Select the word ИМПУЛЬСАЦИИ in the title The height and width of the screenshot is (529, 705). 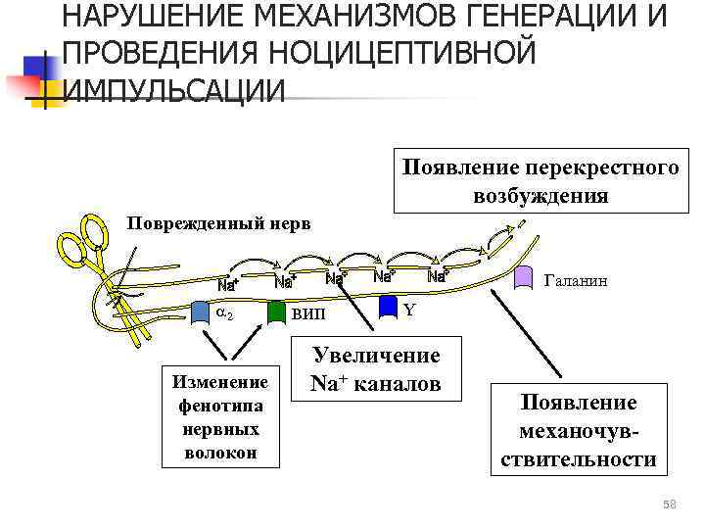click(x=174, y=90)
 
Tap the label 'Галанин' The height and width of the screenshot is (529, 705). click(x=575, y=281)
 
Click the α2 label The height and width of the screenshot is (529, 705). click(x=224, y=313)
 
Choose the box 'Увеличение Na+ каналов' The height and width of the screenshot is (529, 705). click(x=375, y=369)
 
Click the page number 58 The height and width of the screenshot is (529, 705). click(x=670, y=505)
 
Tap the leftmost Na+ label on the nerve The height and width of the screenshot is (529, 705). click(x=227, y=286)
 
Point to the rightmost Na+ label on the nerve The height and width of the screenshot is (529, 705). click(x=438, y=277)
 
